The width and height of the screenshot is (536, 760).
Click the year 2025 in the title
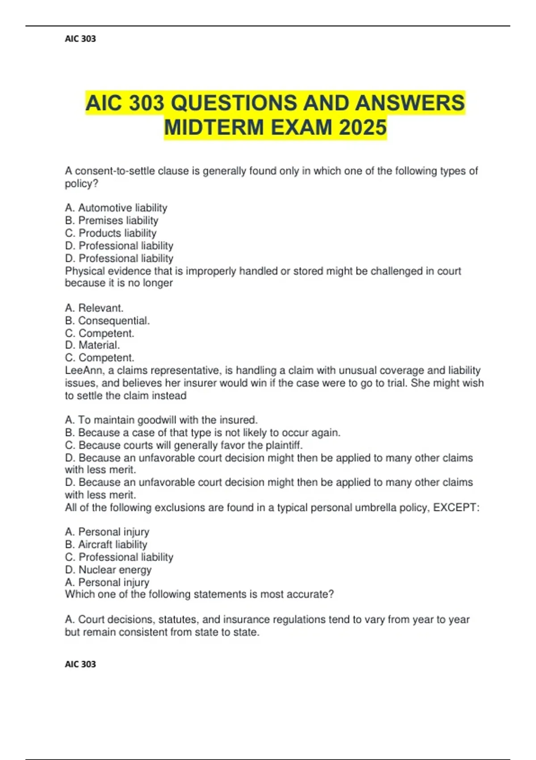pos(363,127)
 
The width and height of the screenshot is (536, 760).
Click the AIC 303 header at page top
pos(80,39)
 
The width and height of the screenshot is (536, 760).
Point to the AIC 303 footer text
pos(80,664)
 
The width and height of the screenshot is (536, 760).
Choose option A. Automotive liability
pos(116,208)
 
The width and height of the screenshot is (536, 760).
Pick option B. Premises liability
pos(112,220)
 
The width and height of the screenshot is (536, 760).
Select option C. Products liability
pos(111,233)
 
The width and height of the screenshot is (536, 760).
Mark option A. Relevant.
pos(94,308)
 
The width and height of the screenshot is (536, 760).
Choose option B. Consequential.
pos(108,321)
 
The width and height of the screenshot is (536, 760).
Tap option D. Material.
pos(92,345)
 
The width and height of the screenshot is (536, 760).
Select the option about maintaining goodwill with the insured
pos(161,420)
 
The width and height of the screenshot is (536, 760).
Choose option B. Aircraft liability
pos(106,545)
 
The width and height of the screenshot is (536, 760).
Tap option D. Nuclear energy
pos(109,570)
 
